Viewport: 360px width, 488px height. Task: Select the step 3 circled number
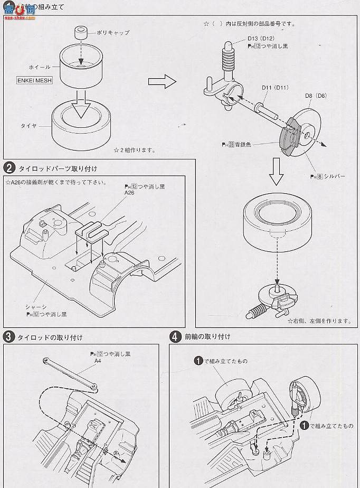click(x=10, y=336)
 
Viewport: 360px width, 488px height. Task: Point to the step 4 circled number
click(x=175, y=336)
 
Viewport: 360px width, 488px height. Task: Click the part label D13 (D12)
click(x=260, y=39)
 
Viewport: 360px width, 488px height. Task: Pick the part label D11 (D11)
click(x=273, y=88)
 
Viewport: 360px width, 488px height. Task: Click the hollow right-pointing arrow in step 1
click(x=161, y=82)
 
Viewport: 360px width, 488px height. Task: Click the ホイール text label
click(x=40, y=68)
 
